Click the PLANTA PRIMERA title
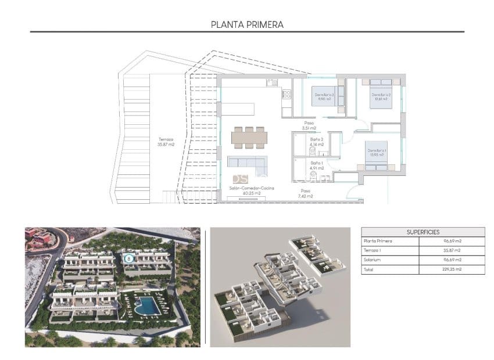coord(247,25)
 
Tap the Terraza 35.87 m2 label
coord(166,142)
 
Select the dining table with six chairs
coord(249,137)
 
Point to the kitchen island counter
coord(238,109)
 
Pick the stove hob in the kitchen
coord(286,93)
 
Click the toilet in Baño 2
coord(312,150)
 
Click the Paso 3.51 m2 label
coord(309,125)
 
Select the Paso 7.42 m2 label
coord(306,193)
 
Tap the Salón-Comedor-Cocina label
coord(252,189)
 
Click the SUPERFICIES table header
coord(423,231)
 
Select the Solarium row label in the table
coord(373,260)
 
